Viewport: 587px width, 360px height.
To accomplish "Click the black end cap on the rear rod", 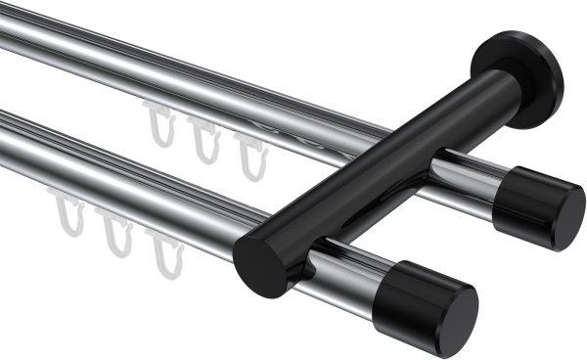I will click(538, 208).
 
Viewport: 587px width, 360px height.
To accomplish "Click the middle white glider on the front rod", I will click(117, 235).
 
